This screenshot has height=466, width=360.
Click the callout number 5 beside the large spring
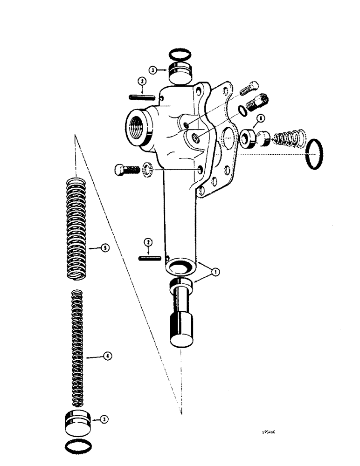[x=105, y=248]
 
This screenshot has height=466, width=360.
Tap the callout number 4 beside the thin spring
[x=108, y=357]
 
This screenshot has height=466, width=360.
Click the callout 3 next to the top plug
[x=153, y=70]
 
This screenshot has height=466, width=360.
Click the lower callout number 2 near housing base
[x=148, y=242]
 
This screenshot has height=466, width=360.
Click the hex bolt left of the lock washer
[x=124, y=170]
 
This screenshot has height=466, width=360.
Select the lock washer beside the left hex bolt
[x=147, y=168]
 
